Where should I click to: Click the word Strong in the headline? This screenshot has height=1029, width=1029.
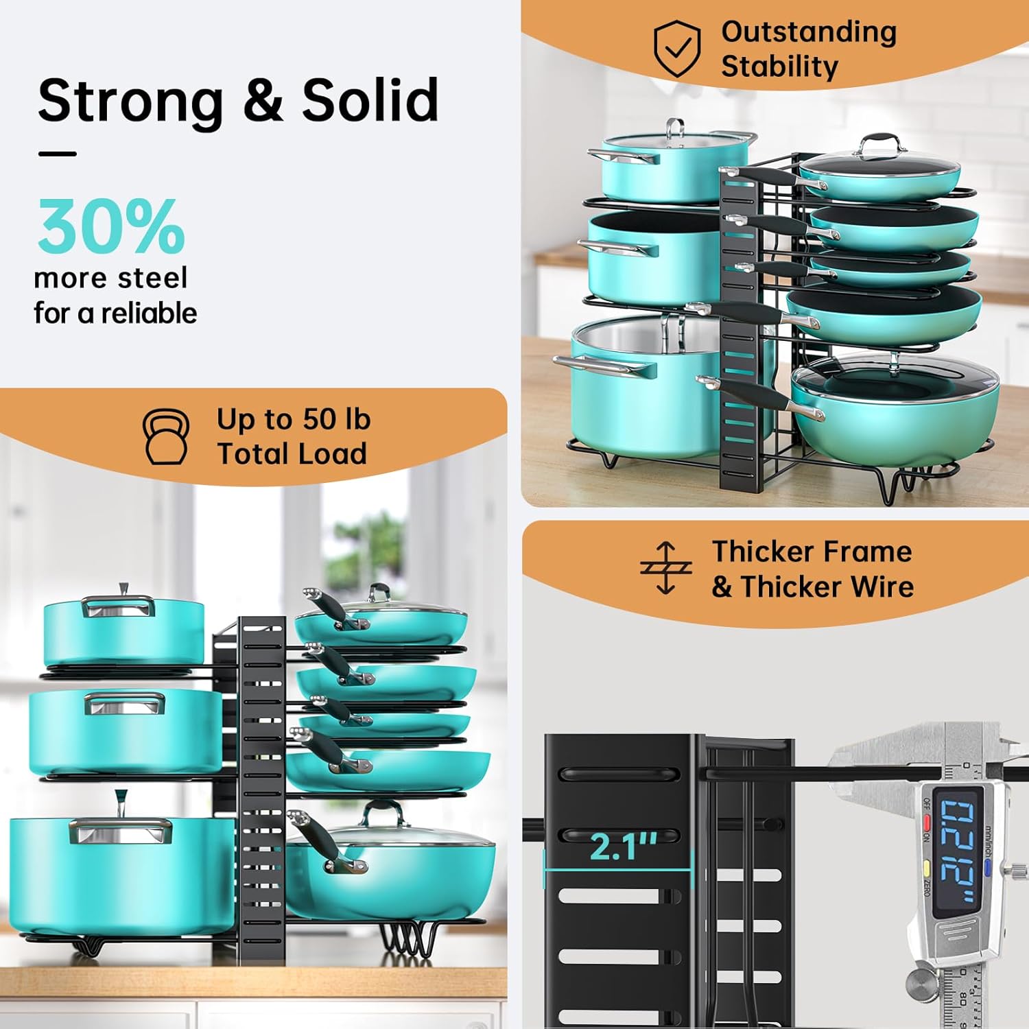click(130, 102)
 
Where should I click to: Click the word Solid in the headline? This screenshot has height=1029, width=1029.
click(370, 100)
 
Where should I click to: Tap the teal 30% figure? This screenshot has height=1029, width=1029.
click(111, 227)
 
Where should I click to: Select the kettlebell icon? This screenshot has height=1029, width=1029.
click(166, 437)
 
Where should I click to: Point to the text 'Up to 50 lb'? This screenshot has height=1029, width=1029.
click(294, 419)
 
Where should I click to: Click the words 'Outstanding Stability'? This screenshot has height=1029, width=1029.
click(808, 49)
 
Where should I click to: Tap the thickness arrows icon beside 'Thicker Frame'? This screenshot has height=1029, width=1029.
click(665, 568)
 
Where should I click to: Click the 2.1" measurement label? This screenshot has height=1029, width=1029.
click(623, 847)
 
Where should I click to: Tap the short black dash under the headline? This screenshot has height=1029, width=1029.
click(57, 154)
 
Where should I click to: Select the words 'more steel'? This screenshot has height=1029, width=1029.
click(110, 278)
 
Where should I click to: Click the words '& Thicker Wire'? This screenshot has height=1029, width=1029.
click(812, 587)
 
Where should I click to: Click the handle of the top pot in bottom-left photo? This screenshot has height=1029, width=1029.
click(119, 606)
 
